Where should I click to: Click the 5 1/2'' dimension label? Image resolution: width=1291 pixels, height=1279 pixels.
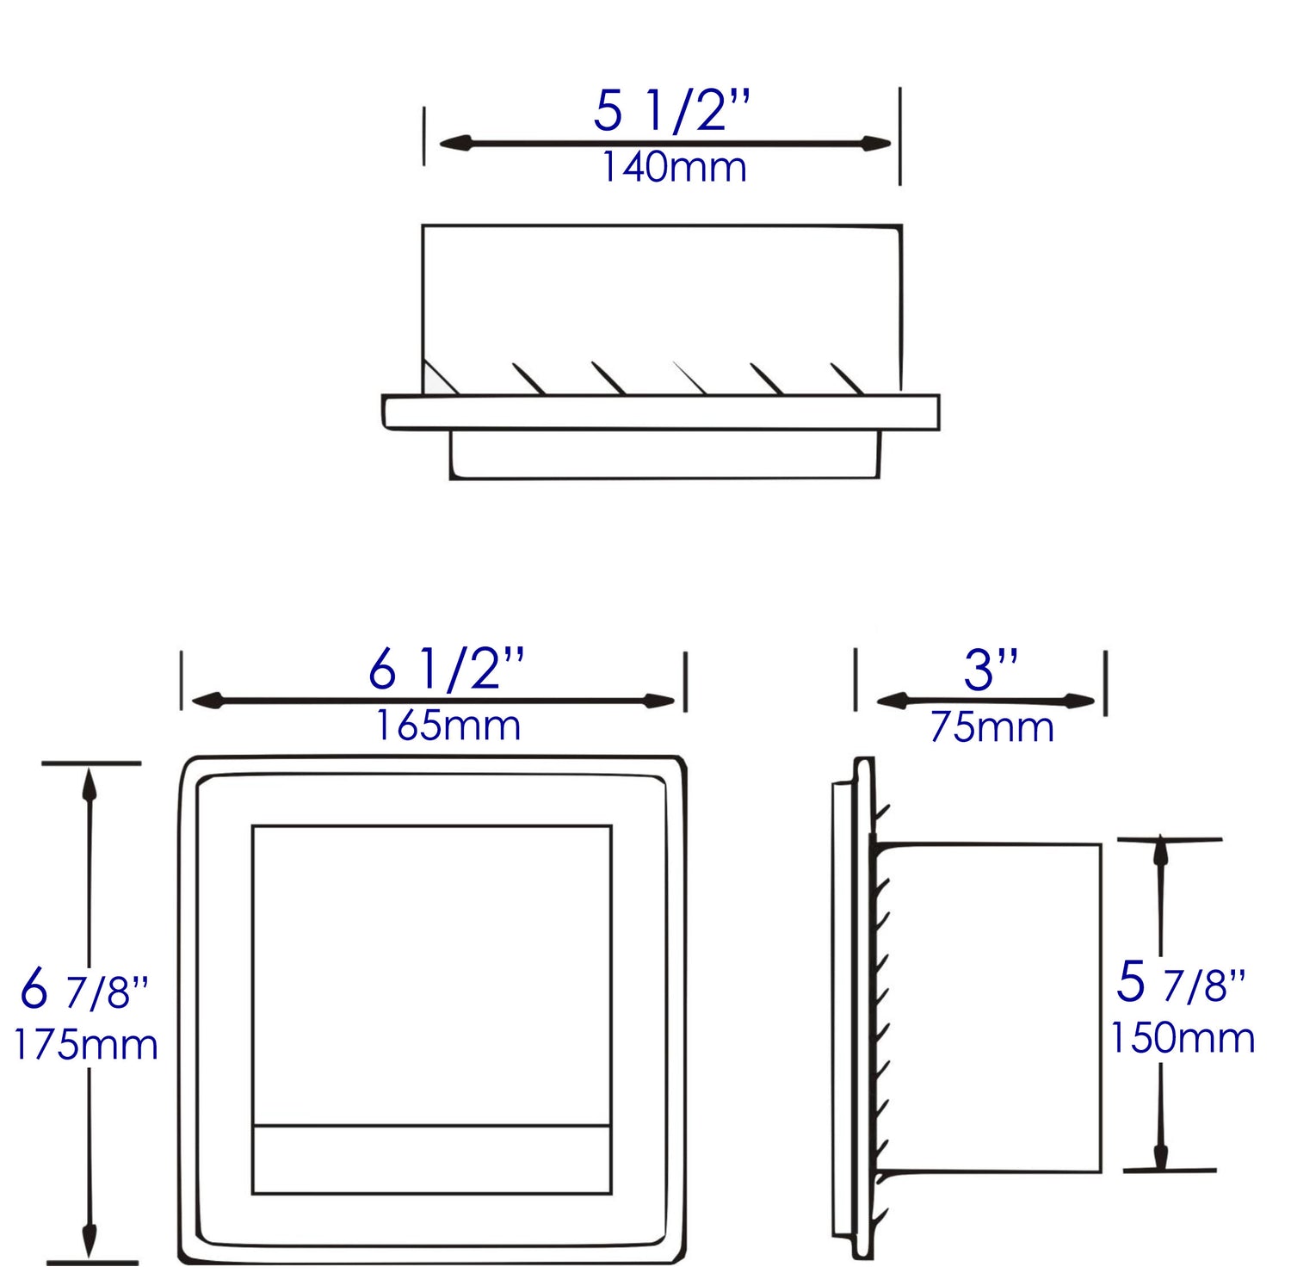tap(671, 111)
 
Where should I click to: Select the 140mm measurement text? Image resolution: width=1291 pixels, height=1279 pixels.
tap(673, 167)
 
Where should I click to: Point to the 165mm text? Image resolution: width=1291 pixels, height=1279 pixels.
tap(448, 726)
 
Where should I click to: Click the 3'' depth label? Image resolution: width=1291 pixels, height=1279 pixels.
tap(991, 670)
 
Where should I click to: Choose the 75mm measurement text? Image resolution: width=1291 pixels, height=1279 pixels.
tap(991, 727)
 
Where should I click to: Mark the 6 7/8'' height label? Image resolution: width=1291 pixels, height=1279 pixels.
tap(84, 990)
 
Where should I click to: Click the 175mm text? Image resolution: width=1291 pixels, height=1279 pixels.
tap(85, 1045)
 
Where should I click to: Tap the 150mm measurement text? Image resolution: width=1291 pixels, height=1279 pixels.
tap(1182, 1038)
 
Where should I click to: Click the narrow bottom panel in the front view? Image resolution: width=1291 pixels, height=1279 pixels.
tap(431, 1159)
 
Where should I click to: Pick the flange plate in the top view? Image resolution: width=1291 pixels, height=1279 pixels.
tap(661, 412)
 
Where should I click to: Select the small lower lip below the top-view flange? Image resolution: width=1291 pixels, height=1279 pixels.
tap(664, 454)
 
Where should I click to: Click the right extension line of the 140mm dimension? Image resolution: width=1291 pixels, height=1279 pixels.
tap(899, 136)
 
